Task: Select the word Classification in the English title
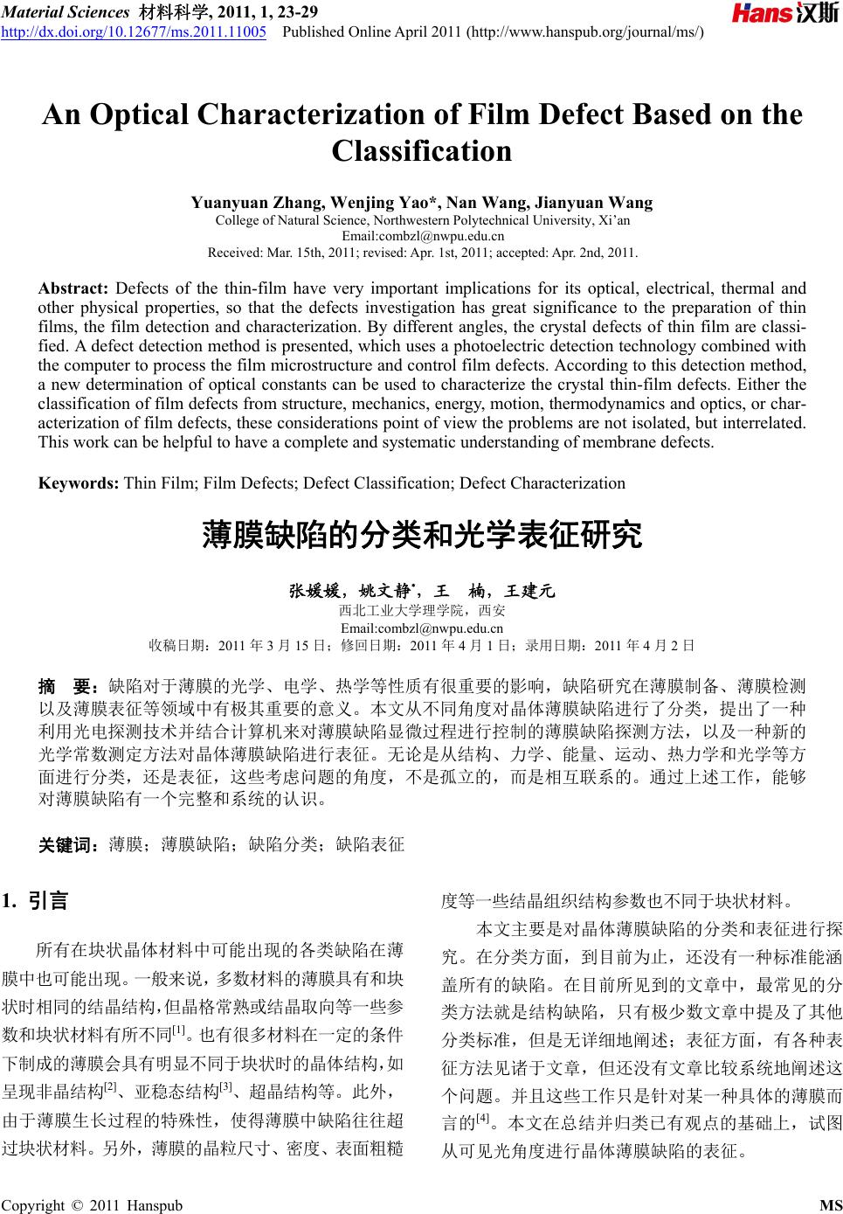pyautogui.click(x=422, y=152)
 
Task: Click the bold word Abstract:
pyautogui.click(x=73, y=288)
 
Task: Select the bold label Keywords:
pyautogui.click(x=79, y=483)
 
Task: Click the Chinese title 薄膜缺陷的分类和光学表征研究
pyautogui.click(x=422, y=534)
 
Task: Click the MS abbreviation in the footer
pyautogui.click(x=831, y=1206)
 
